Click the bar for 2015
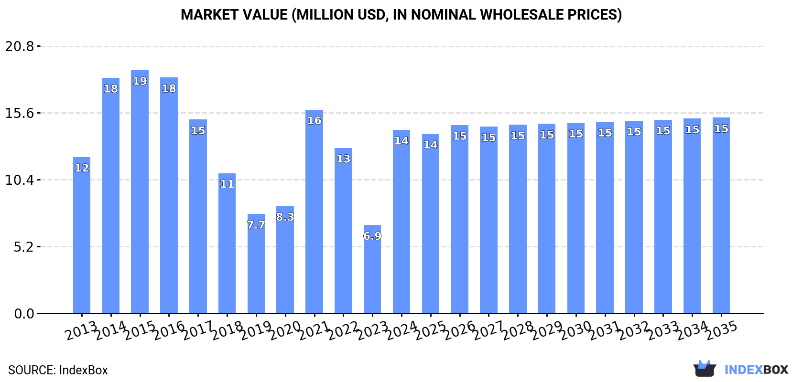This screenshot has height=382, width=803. point(140,191)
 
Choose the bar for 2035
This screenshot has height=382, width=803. point(721,215)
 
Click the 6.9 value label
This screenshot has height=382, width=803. point(372,236)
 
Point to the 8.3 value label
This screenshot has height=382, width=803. point(285,217)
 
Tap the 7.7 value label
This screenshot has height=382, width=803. point(256,225)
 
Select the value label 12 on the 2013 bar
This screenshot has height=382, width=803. point(82,168)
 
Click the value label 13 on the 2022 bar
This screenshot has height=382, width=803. point(343,159)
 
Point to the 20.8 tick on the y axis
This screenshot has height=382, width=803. point(20,46)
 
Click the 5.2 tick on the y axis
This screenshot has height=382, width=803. point(23,247)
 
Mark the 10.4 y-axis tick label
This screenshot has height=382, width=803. point(20,180)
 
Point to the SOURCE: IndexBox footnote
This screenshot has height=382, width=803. point(58,370)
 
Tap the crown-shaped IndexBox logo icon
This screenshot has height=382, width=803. point(705,369)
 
